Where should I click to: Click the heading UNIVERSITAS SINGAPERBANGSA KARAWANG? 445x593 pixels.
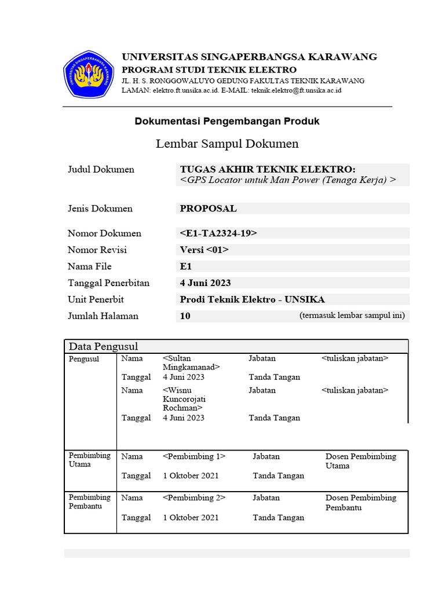249,57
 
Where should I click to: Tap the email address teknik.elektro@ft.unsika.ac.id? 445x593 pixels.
296,90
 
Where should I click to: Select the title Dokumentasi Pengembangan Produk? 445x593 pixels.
227,121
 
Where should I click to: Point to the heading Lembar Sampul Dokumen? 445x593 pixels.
227,144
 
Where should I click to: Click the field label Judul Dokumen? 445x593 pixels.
101,170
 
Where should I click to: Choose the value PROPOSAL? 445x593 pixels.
208,208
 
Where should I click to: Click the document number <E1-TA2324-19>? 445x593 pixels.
218,233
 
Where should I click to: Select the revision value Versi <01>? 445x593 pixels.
205,250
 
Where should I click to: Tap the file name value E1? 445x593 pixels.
185,266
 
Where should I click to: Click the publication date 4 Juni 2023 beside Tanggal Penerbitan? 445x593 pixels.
205,283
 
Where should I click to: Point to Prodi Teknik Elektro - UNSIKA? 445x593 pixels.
252,299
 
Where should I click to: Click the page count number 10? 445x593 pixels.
185,316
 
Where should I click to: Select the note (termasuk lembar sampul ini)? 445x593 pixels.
352,316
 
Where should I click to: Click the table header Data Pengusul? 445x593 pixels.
103,346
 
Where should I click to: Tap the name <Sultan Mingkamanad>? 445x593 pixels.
191,363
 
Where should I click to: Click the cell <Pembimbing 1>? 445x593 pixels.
194,456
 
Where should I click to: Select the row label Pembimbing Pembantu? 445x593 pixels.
89,502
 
